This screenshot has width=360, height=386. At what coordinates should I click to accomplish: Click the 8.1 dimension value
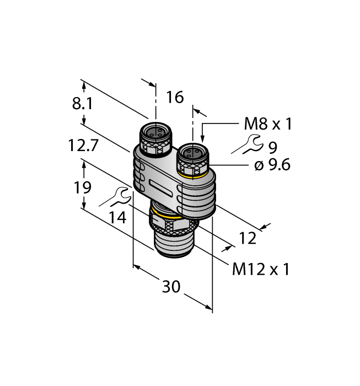83,104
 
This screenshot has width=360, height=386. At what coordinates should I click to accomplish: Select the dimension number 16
175,97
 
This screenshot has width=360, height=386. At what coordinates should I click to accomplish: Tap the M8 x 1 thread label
268,124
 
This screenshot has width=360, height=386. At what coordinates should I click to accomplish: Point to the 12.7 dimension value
83,145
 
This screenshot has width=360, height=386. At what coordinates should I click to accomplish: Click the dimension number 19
83,187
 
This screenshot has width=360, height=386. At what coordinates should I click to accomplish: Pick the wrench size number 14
117,217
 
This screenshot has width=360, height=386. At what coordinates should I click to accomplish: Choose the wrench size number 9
273,147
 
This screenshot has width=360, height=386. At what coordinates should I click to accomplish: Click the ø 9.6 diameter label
272,165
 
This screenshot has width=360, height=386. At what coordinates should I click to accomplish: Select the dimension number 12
248,238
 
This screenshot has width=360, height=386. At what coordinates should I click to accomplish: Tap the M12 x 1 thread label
261,269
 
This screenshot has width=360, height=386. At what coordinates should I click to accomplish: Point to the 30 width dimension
171,287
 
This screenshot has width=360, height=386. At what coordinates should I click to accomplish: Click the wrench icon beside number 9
246,144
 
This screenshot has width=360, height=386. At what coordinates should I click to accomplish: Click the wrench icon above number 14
114,197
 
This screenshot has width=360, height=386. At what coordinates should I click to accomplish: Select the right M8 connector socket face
193,152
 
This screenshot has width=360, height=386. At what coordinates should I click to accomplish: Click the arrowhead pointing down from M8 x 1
202,139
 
